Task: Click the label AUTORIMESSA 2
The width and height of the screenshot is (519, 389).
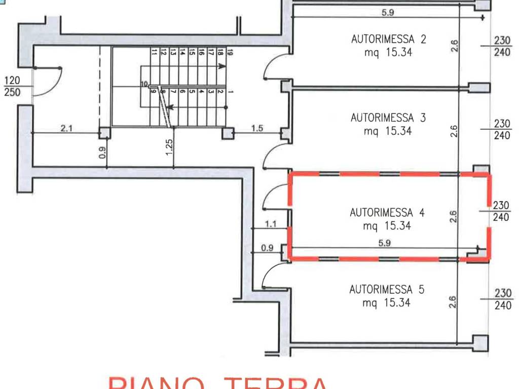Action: [389, 39]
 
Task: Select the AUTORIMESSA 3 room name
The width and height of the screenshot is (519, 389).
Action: [388, 118]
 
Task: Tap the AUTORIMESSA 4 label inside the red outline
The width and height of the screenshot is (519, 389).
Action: [387, 213]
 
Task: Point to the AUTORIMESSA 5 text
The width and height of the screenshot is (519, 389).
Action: [387, 290]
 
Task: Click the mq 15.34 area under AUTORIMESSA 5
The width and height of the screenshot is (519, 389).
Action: [386, 303]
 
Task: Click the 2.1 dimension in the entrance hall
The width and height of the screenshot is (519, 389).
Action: [66, 129]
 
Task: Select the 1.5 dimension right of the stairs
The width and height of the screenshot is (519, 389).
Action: [257, 129]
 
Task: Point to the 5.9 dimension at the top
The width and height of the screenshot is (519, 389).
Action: [388, 13]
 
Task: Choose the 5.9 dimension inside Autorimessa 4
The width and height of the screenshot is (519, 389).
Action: [384, 243]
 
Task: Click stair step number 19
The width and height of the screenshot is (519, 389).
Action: [230, 52]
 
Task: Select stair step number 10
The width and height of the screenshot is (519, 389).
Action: [144, 84]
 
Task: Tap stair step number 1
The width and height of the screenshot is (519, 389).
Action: [231, 92]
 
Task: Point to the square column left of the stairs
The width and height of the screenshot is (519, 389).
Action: [105, 133]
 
